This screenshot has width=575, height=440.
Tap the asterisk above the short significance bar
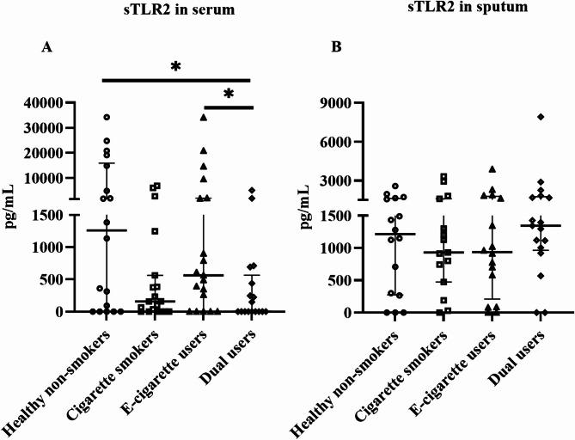tap(228, 94)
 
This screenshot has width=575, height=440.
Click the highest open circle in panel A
tap(107, 117)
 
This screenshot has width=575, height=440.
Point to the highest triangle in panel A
tap(204, 117)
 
